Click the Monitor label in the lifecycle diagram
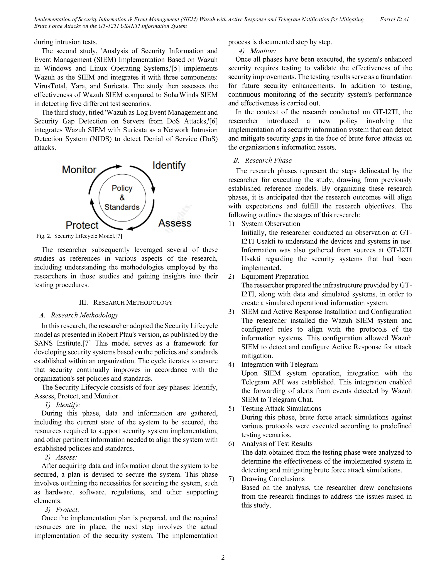tap(79, 170)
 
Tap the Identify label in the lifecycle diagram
tap(169, 166)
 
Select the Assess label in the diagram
tap(175, 223)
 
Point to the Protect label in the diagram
tap(82, 225)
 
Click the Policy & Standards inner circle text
tap(122, 198)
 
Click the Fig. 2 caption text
tap(79, 236)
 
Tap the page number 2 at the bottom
tap(223, 557)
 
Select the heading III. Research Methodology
tap(126, 302)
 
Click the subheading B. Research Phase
tap(263, 160)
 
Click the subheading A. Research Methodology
tap(79, 315)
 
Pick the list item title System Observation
tap(270, 224)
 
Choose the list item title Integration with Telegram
tap(279, 364)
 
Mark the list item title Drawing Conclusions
tap(273, 479)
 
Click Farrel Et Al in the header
tap(394, 19)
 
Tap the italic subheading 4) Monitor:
tap(257, 51)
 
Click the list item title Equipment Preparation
tap(275, 277)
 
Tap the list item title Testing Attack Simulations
tap(281, 408)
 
